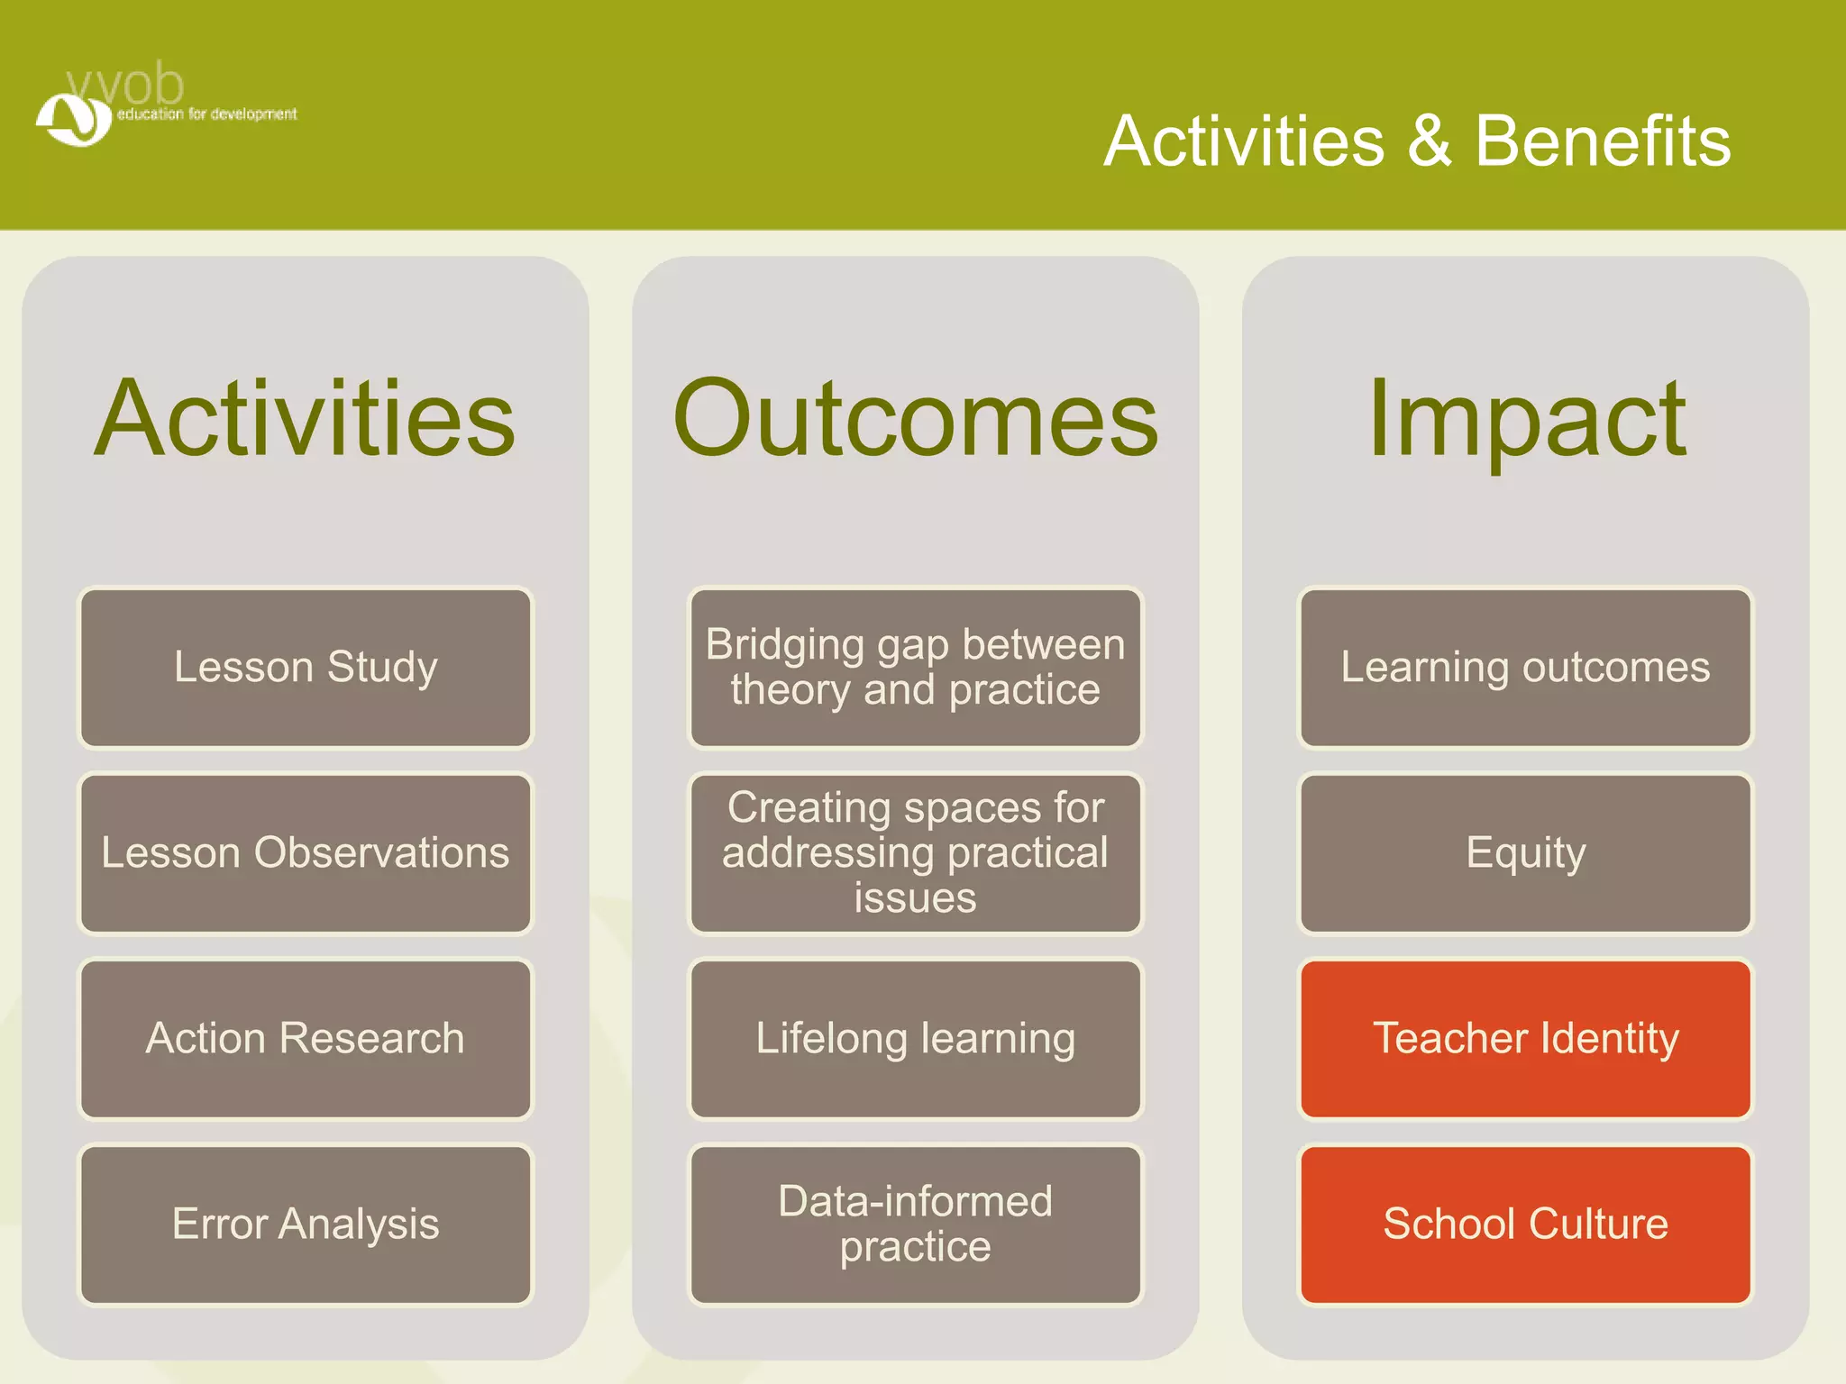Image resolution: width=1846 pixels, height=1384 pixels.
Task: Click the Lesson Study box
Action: point(306,668)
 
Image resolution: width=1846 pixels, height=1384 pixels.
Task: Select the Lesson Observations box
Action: point(306,853)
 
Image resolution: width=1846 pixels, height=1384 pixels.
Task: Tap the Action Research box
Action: point(306,1039)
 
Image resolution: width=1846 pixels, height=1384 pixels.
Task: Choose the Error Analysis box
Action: point(306,1225)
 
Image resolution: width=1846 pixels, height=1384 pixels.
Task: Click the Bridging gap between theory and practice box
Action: point(915,668)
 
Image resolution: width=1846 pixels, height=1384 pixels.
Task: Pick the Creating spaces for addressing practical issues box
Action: point(915,853)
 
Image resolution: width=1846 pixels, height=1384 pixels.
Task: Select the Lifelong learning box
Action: point(915,1039)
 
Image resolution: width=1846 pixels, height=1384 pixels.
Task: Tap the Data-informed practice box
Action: point(915,1225)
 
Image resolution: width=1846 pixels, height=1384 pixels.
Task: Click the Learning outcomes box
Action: point(1525,668)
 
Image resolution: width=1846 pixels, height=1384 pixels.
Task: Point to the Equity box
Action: point(1525,853)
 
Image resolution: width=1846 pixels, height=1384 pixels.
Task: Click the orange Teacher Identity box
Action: point(1525,1039)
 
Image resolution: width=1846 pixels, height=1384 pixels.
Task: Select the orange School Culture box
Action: point(1525,1225)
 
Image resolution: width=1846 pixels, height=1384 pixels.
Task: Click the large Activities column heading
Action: point(306,419)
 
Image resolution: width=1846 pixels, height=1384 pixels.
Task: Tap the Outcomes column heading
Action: point(915,419)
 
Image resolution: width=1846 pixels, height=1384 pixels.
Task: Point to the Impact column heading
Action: point(1525,419)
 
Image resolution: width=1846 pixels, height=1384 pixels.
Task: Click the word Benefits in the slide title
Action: point(1603,141)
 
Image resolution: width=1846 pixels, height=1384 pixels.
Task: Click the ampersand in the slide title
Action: point(1429,141)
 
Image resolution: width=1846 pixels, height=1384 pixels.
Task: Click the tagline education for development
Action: point(206,114)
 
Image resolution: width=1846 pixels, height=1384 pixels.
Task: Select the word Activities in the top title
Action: point(1244,141)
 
